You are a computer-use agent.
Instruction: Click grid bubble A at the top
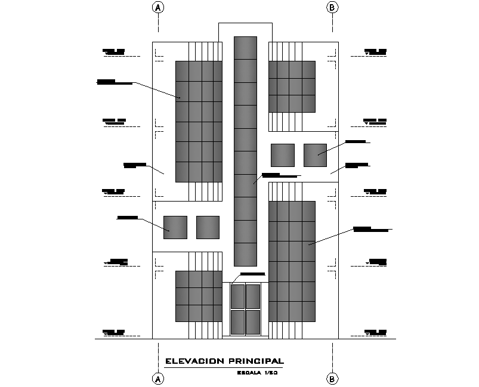click(x=158, y=7)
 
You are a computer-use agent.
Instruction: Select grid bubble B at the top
click(x=332, y=7)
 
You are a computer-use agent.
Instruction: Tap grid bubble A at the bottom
click(x=158, y=379)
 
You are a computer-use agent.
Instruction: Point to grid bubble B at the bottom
click(x=332, y=379)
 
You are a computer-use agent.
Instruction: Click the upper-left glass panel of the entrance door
click(x=237, y=296)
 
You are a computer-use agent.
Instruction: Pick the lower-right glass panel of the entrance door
click(x=253, y=322)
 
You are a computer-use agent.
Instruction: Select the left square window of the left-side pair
click(x=175, y=228)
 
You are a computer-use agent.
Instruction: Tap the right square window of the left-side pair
click(x=208, y=228)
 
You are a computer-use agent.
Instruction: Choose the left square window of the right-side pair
click(x=282, y=155)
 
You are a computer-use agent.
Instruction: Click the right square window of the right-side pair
click(x=315, y=155)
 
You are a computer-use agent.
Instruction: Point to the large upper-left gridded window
click(x=199, y=121)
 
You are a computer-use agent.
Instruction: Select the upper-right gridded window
click(x=292, y=86)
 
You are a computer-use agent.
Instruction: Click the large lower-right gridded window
click(x=292, y=261)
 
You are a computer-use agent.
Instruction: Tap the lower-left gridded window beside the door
click(x=199, y=296)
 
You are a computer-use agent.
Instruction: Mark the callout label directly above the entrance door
click(x=253, y=274)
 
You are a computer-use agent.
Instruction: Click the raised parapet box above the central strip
click(x=245, y=30)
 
